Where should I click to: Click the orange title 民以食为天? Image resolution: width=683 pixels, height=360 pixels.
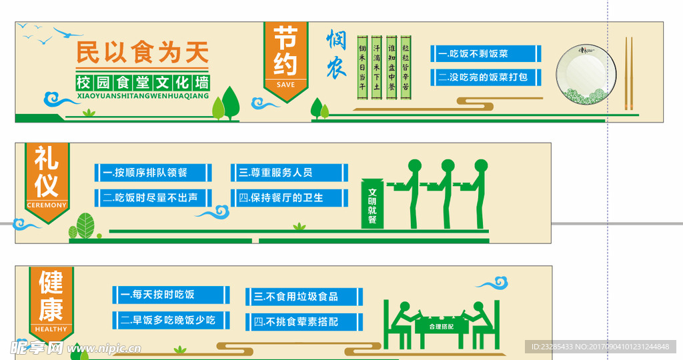[143, 51]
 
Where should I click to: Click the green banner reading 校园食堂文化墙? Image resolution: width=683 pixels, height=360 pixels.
[143, 83]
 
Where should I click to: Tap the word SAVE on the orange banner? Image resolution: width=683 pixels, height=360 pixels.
[285, 85]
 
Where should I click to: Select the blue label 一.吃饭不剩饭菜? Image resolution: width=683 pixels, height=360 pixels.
[487, 53]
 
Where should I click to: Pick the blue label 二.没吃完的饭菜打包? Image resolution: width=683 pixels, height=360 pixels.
[487, 77]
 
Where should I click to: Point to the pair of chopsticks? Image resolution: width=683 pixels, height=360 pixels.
[628, 73]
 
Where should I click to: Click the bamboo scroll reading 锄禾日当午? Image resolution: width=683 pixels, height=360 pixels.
[362, 67]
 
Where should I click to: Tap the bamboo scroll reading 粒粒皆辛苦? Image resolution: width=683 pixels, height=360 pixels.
[406, 67]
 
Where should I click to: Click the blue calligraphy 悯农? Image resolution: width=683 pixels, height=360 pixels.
[336, 55]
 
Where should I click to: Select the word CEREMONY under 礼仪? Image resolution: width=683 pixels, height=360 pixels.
[47, 205]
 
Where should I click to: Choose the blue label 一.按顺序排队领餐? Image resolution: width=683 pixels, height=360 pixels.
[153, 173]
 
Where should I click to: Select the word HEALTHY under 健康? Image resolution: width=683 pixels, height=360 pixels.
[51, 329]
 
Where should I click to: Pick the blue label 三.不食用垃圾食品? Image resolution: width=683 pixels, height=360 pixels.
[304, 297]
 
